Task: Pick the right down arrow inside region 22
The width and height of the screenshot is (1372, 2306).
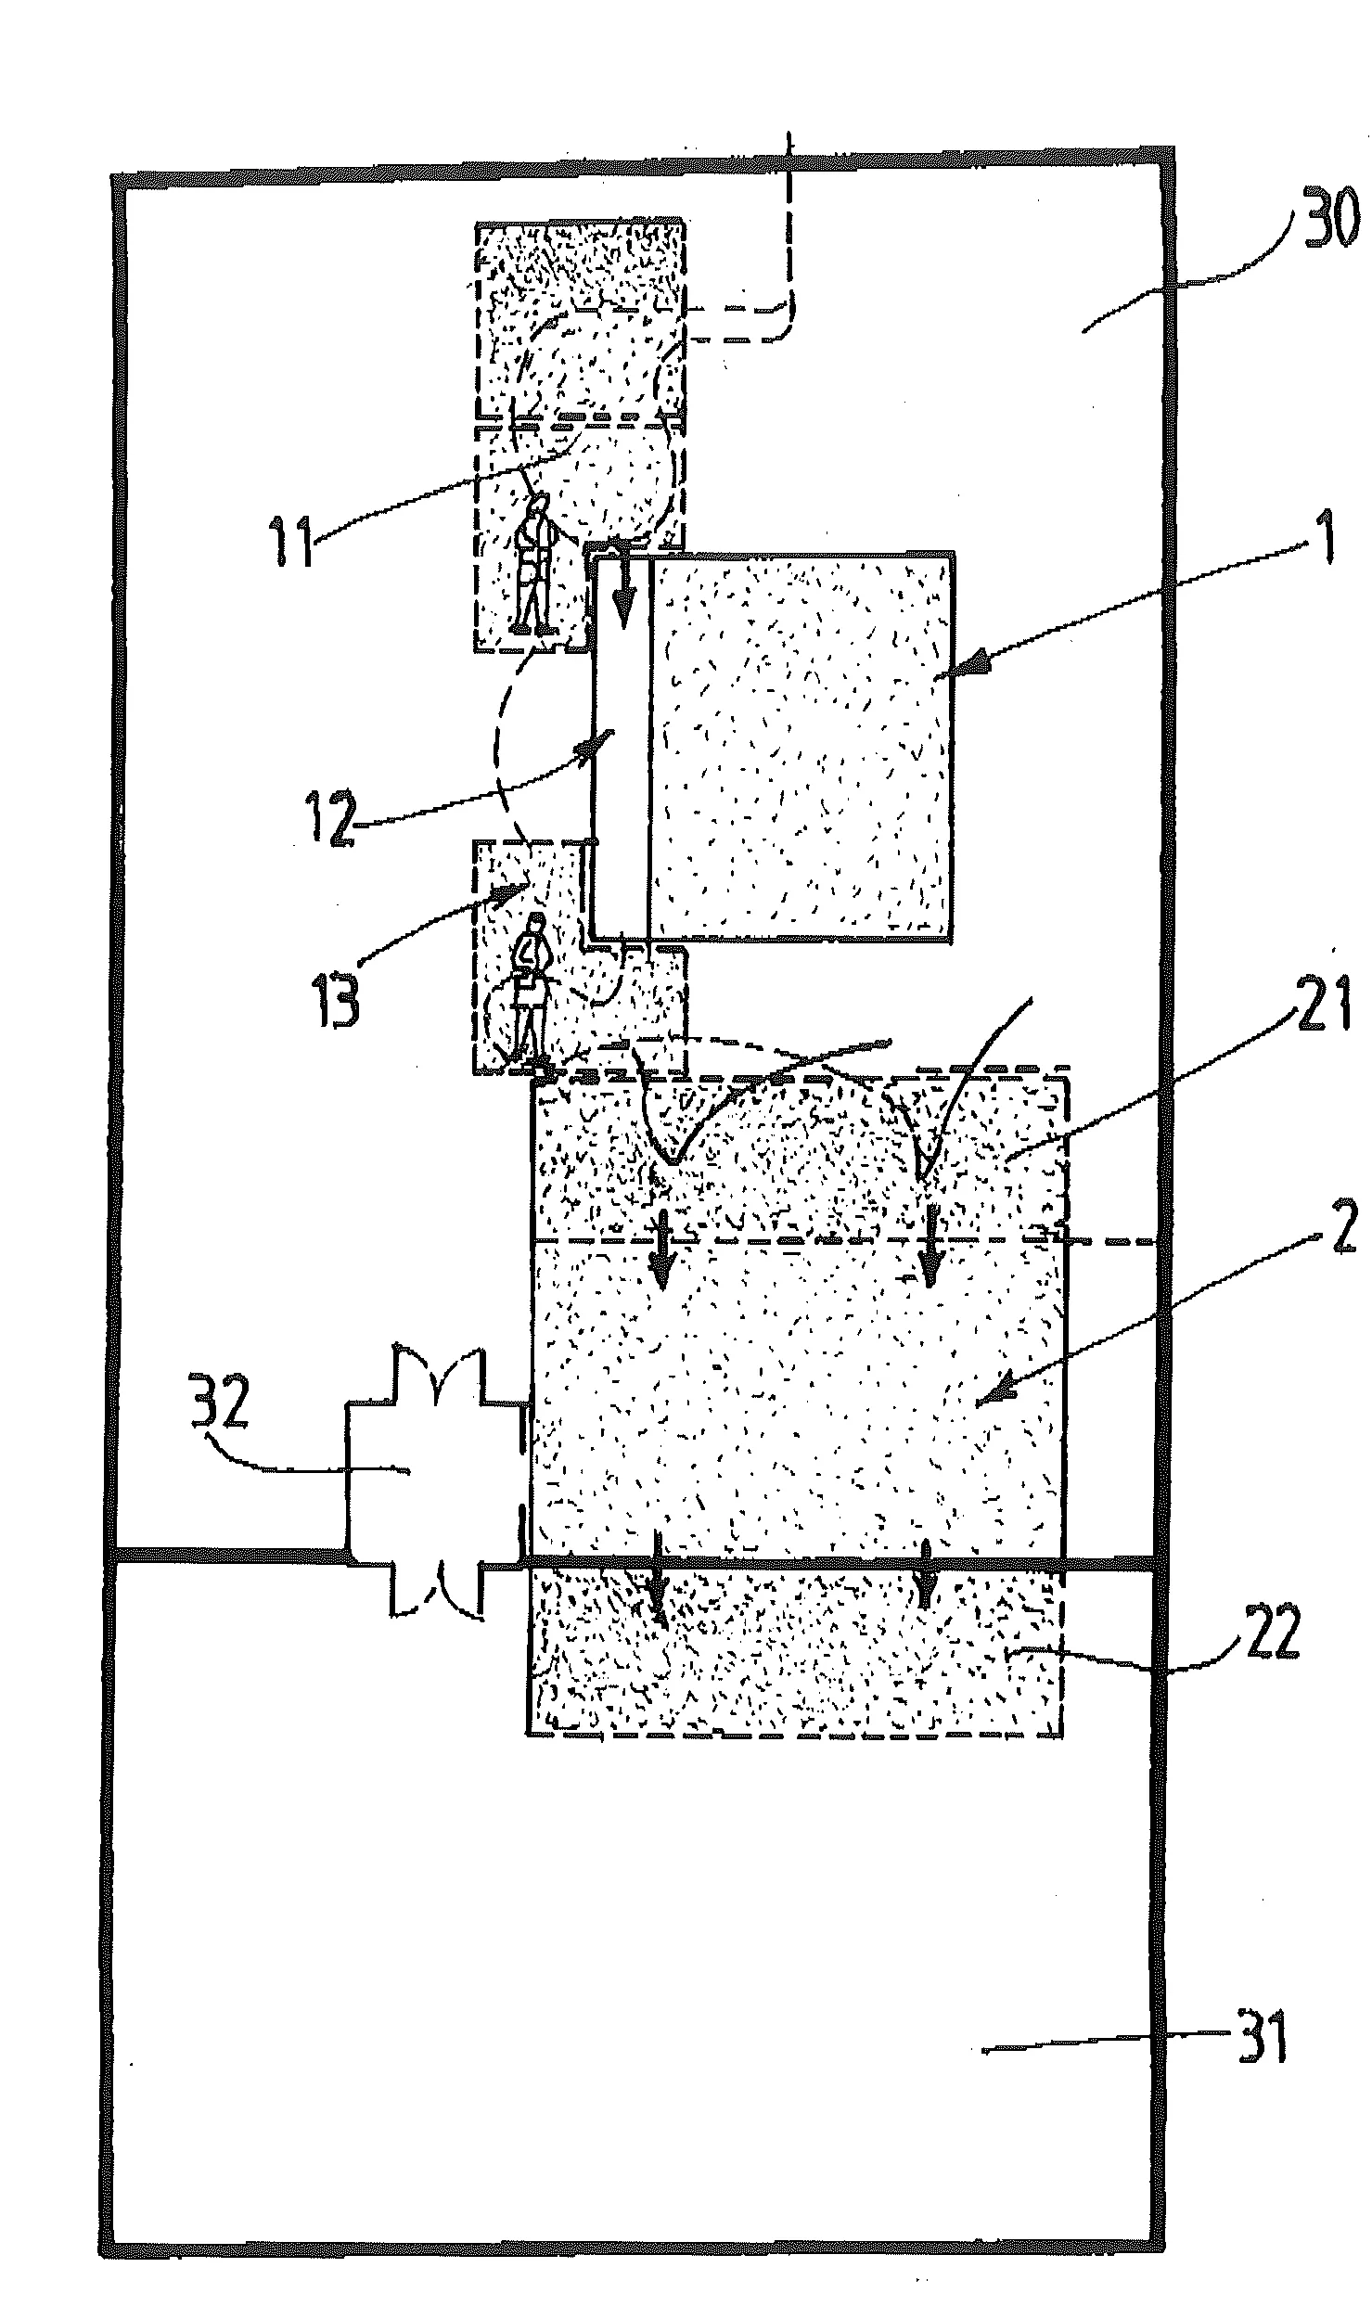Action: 926,1585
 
